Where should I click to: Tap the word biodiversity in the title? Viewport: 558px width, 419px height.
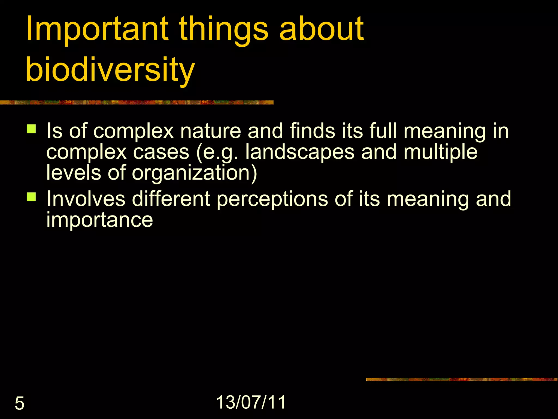coord(110,70)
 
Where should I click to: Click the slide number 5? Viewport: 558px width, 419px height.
coord(19,403)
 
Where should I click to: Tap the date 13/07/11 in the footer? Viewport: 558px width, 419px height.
coord(251,402)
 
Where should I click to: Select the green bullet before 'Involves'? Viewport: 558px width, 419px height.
coord(31,197)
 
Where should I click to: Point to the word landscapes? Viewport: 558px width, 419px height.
coord(300,152)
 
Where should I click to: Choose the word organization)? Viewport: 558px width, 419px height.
coord(195,173)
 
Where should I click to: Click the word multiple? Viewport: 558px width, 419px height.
coord(440,152)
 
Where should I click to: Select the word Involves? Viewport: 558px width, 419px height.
coord(86,199)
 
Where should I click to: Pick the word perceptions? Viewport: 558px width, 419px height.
coord(272,199)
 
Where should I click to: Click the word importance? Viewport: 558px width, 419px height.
coord(99,220)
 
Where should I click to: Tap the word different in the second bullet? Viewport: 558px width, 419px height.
coord(171,199)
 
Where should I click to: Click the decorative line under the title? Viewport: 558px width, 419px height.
coord(136,103)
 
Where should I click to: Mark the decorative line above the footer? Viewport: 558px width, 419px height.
coord(462,379)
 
